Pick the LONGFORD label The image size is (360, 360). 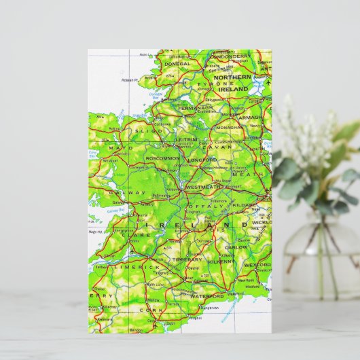[201, 161]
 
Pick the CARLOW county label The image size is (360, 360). [238, 247]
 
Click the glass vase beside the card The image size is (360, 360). [320, 258]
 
